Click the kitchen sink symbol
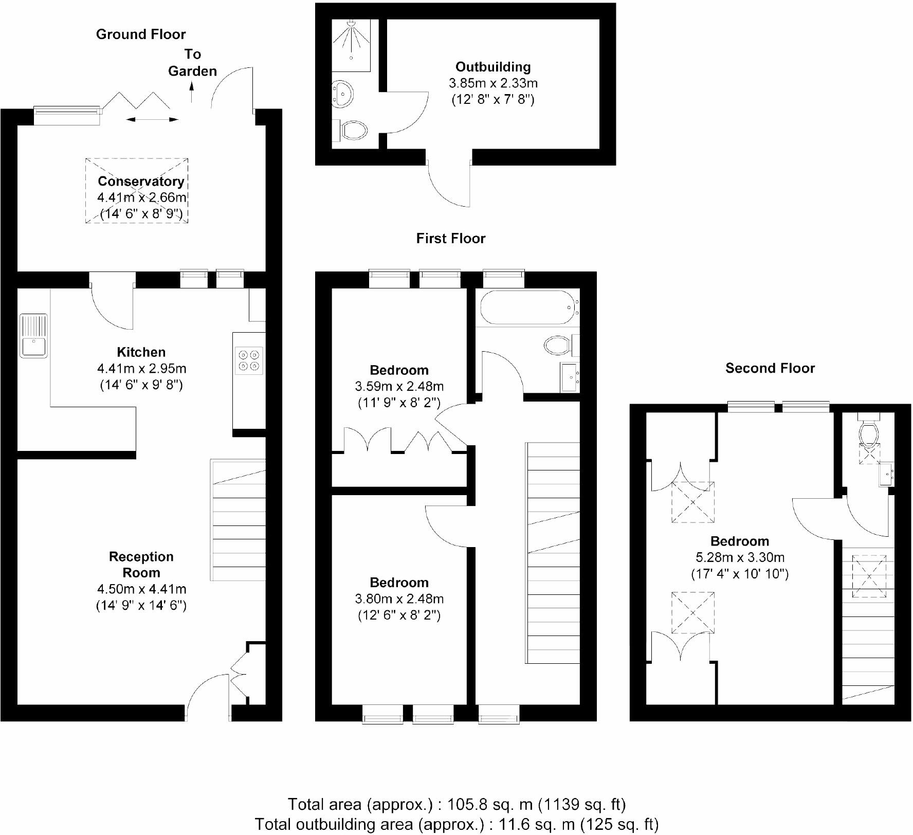pos(33,336)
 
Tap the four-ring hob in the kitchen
pos(249,359)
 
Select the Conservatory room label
pos(141,181)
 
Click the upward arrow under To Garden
pos(192,93)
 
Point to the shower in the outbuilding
pos(351,45)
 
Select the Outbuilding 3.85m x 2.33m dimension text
pos(493,83)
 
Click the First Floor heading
pos(450,239)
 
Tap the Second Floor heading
pos(770,368)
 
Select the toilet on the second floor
pos(868,433)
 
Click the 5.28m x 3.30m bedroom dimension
pos(740,557)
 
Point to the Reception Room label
pos(141,565)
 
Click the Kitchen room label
pos(141,352)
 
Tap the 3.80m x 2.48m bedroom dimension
pos(399,599)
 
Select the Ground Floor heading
pos(140,34)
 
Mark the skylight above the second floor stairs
pos(869,576)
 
